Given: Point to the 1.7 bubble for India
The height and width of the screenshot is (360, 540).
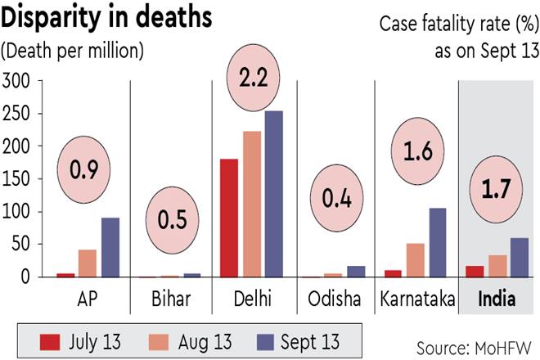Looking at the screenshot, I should [493, 195].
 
